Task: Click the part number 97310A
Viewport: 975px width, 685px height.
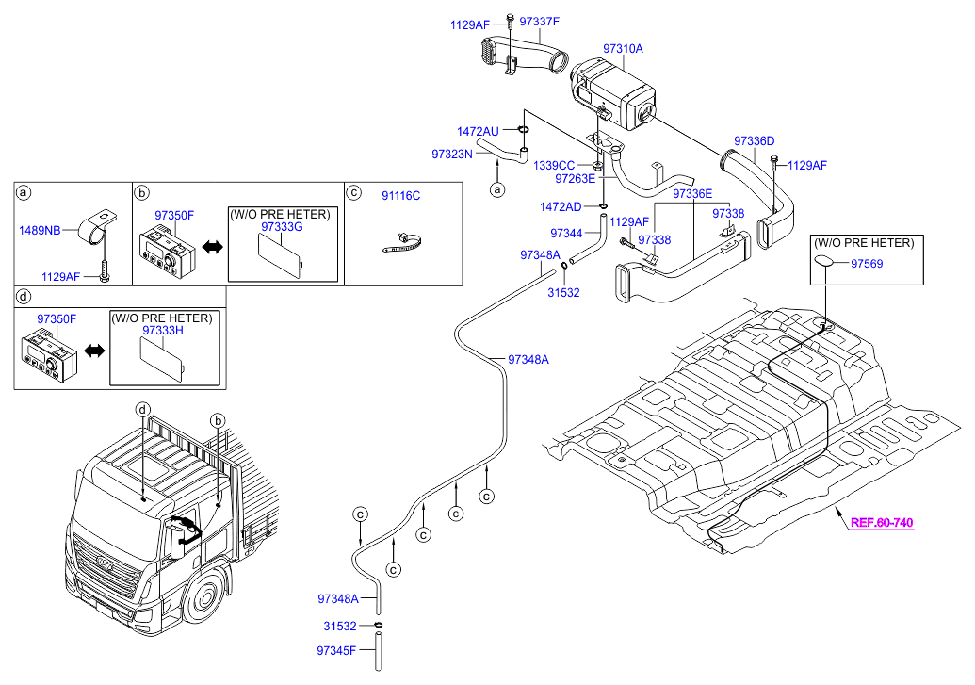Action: pos(623,48)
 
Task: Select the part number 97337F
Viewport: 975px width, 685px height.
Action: pos(540,21)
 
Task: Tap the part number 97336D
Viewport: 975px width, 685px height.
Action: pos(754,141)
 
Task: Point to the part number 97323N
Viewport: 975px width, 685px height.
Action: pos(451,153)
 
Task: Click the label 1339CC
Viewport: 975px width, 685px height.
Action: pos(554,165)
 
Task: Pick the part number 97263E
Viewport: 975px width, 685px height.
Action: pos(575,178)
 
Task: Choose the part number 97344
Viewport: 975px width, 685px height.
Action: pos(566,233)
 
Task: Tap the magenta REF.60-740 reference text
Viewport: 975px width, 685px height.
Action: pos(882,522)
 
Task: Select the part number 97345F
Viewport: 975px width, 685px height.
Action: pos(337,650)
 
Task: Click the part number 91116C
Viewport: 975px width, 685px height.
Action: pos(400,195)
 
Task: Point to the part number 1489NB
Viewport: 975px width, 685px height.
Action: pos(41,229)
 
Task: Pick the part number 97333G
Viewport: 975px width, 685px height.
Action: pos(282,227)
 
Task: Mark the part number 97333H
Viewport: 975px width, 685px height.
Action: pos(163,331)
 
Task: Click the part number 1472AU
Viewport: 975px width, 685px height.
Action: pos(478,132)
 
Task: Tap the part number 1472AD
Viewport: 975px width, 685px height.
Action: pos(561,206)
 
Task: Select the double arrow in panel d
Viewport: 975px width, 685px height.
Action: pos(93,351)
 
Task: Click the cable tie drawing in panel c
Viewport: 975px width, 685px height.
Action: pos(402,243)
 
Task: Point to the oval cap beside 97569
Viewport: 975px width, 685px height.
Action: pos(823,262)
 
